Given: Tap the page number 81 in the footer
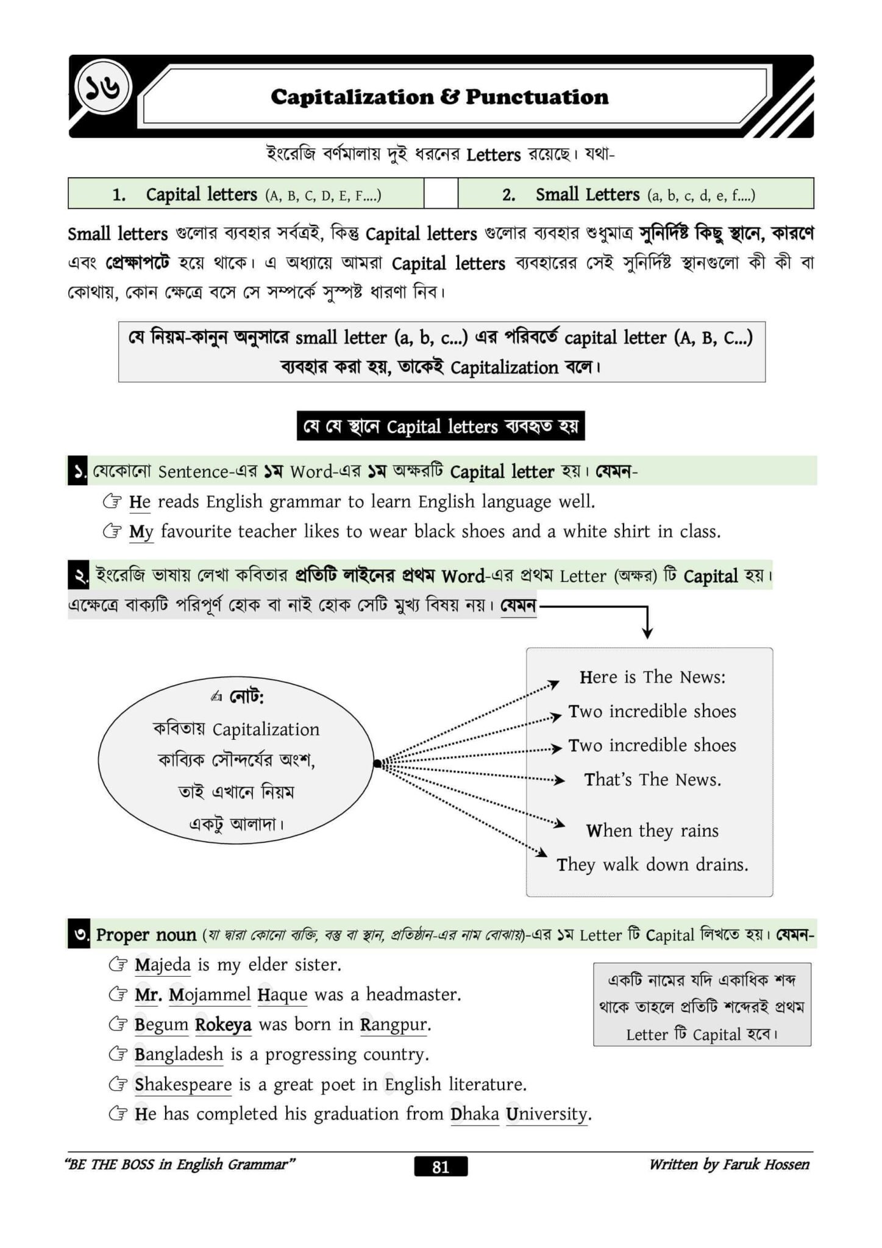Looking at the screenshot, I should (x=441, y=1166).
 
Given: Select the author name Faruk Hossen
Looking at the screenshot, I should (x=766, y=1165).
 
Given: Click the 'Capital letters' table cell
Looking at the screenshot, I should (x=246, y=194).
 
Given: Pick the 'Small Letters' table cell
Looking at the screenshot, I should (x=635, y=194).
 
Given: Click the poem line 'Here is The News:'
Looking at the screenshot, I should (x=652, y=677).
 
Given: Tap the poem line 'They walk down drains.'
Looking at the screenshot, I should (x=652, y=865).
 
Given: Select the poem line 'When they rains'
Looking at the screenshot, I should (x=652, y=831).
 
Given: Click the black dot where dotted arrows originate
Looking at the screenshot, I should (x=377, y=763).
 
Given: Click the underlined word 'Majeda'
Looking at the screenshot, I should (x=163, y=965).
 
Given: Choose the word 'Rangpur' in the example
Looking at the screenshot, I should (x=395, y=1024).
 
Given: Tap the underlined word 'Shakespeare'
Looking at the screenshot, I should (x=183, y=1084).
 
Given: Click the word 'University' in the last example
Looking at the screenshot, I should (x=547, y=1114).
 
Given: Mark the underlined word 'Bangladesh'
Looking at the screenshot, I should (x=179, y=1054).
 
